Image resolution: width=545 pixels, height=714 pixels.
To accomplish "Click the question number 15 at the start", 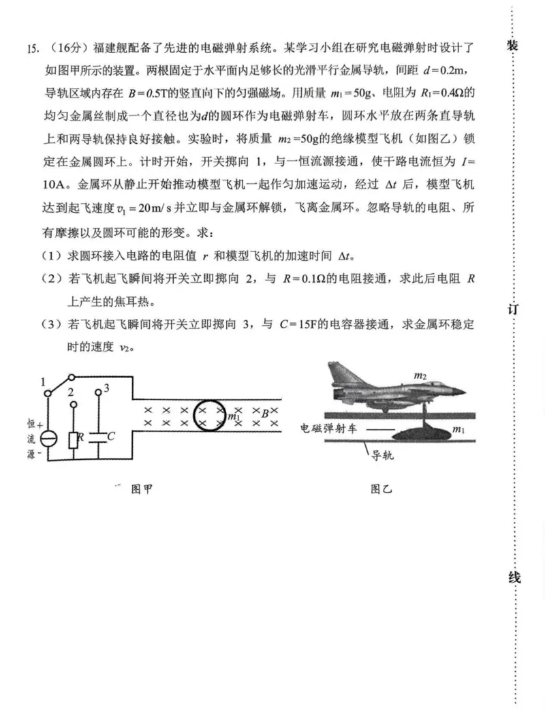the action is click(31, 48).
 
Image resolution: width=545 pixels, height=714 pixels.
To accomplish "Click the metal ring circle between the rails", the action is click(208, 416).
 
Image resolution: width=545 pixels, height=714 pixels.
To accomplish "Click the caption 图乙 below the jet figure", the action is click(381, 488).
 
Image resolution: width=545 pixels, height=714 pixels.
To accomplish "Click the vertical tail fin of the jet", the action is click(339, 373).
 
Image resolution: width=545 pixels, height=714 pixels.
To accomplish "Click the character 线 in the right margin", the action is click(514, 578).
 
